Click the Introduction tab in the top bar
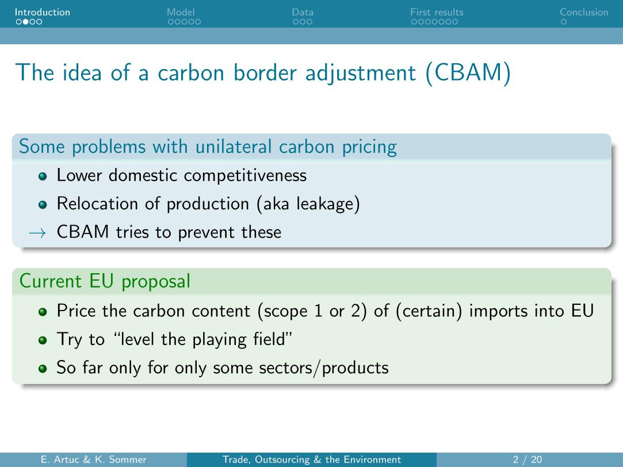pos(43,12)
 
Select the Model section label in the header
pos(181,12)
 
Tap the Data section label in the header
pos(303,12)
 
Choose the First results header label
pos(437,12)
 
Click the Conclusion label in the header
pos(584,12)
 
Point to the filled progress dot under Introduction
pos(26,22)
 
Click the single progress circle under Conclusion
pos(563,22)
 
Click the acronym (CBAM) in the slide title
pos(468,73)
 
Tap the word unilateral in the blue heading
pos(233,147)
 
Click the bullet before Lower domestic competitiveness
pos(43,177)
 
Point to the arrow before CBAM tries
pos(38,233)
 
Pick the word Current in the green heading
pos(51,281)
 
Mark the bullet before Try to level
pos(43,340)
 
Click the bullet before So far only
pos(43,369)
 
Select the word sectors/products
pos(324,368)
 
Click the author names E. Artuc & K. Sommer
pos(93,460)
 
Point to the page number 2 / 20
pos(528,460)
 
